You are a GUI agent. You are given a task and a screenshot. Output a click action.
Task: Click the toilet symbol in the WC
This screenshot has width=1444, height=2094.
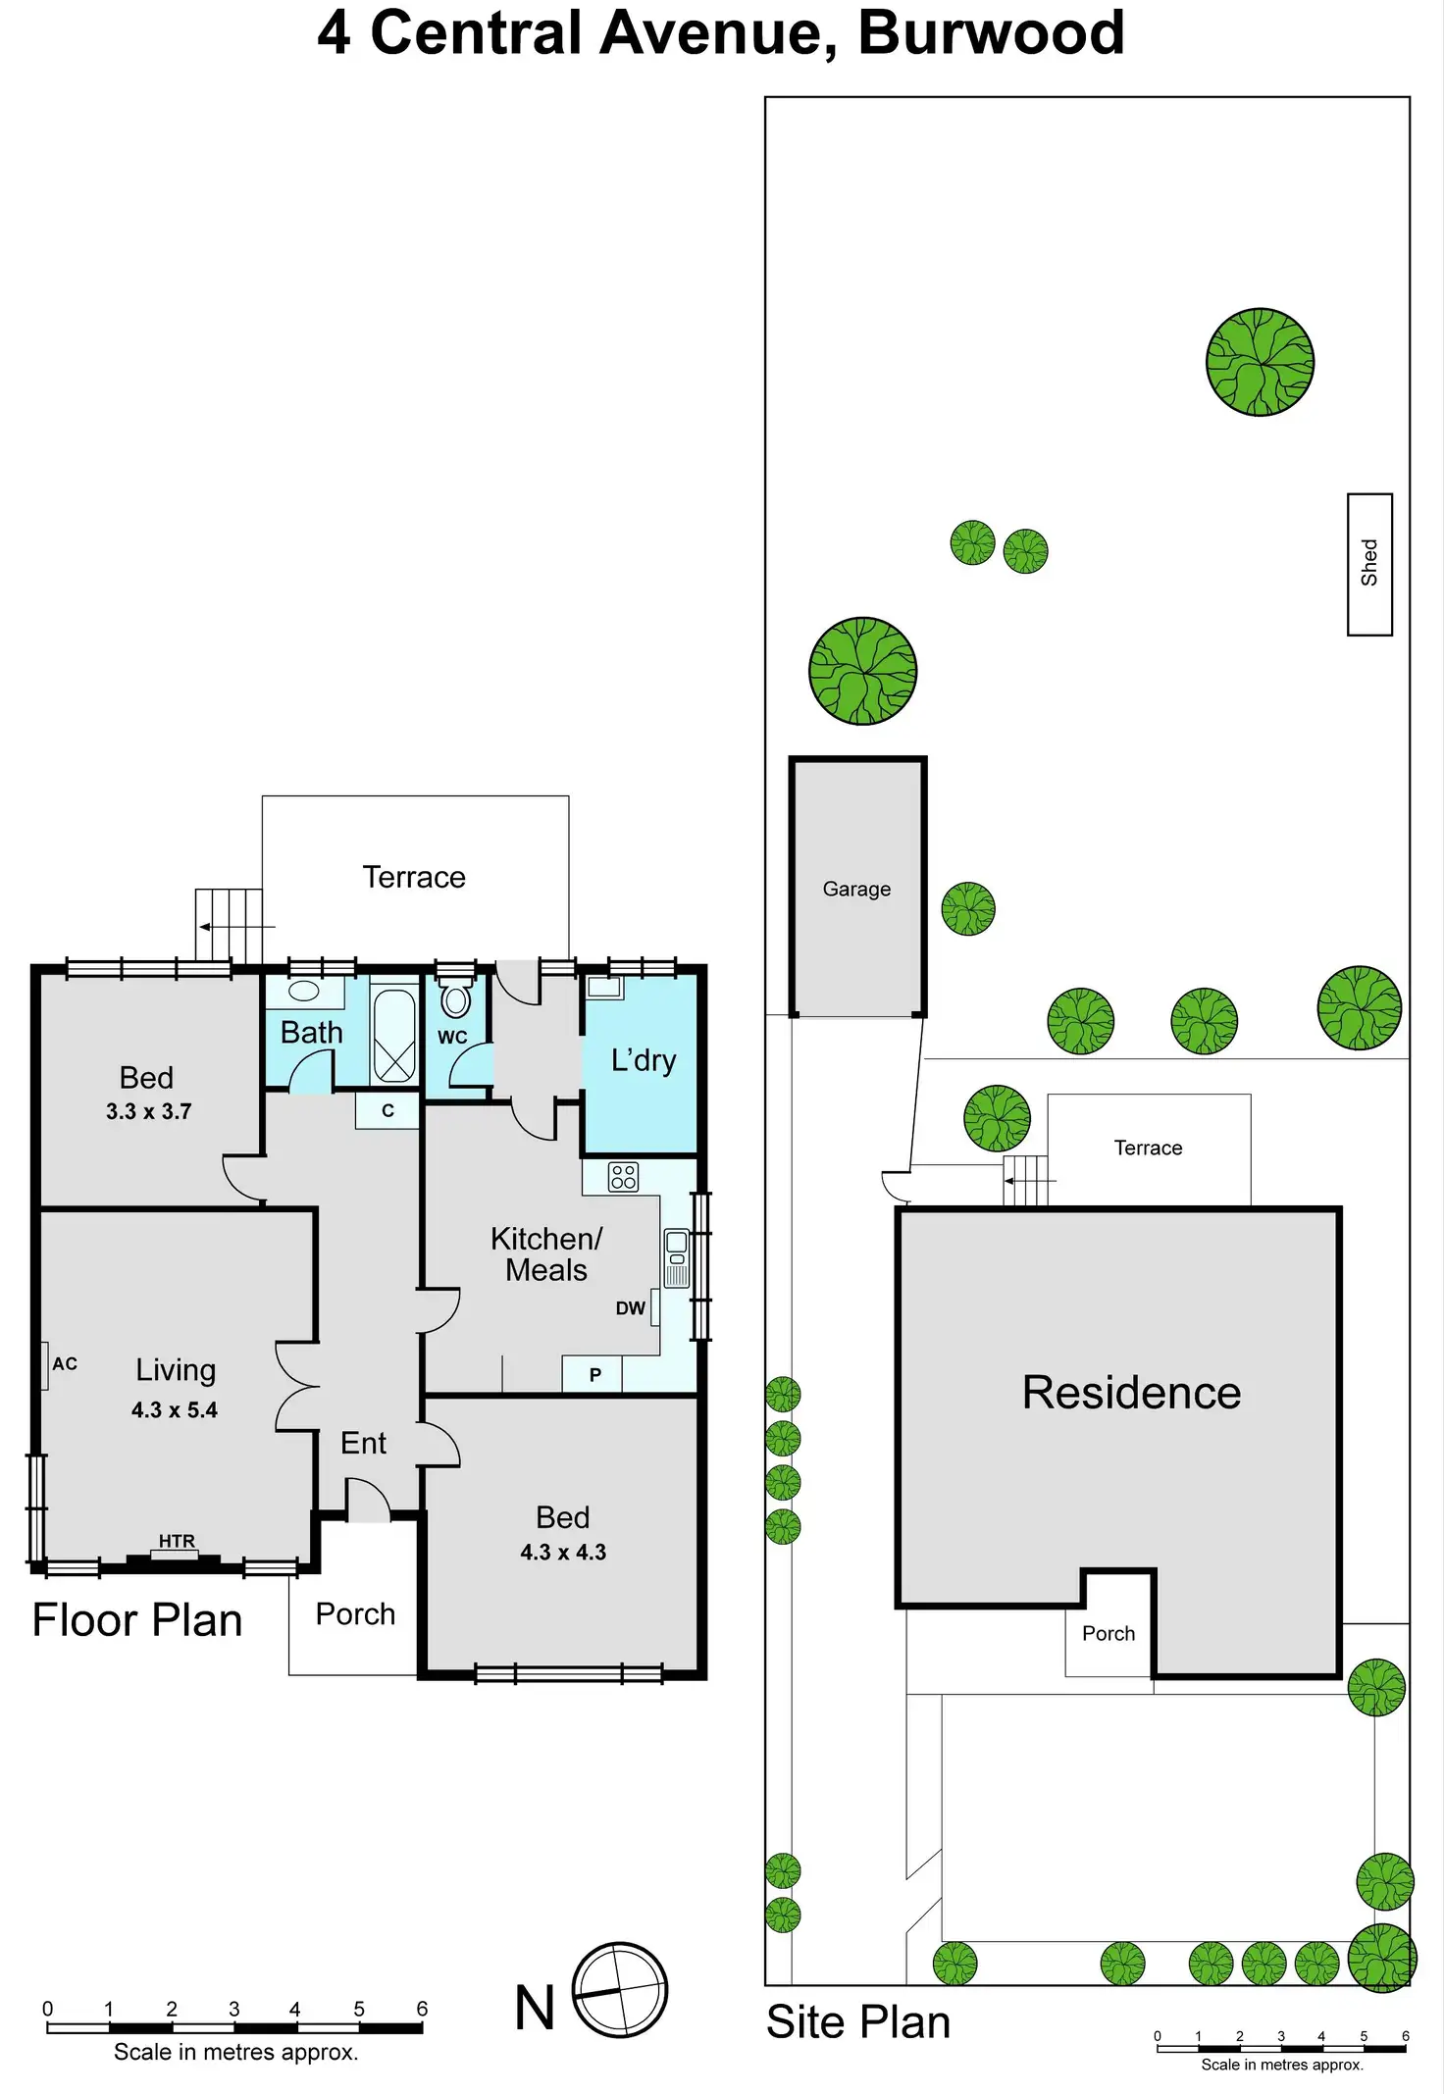point(455,999)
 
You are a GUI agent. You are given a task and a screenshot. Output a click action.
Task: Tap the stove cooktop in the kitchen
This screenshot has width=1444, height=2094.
point(623,1177)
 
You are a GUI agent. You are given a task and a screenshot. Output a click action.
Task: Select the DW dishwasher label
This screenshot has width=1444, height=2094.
point(630,1308)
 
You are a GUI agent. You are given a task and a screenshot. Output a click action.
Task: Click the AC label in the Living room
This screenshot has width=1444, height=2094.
point(65,1364)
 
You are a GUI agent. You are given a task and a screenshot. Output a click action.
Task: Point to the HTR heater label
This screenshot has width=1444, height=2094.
point(177,1541)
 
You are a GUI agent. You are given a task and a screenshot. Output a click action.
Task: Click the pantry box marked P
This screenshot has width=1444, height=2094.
point(593,1375)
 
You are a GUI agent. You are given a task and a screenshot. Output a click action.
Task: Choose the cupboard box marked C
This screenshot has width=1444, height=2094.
point(387,1111)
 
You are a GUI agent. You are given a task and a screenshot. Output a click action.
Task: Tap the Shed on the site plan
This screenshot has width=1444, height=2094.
point(1369,564)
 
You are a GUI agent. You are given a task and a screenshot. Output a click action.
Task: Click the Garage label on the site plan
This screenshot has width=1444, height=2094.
point(856,889)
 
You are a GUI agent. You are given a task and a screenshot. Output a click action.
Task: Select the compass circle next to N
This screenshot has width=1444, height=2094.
point(620,1990)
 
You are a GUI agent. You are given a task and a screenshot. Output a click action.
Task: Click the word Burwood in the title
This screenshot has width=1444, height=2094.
point(991,33)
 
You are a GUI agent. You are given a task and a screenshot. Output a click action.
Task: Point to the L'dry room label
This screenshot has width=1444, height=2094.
point(644,1060)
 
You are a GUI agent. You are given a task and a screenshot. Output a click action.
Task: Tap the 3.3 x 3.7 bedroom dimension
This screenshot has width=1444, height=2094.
point(149,1111)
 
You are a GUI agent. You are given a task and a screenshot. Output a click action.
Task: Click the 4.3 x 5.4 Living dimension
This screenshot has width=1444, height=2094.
point(175,1409)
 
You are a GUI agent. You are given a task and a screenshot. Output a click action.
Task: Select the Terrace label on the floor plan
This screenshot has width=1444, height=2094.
point(414,877)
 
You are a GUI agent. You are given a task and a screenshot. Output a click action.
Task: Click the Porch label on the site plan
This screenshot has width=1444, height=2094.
point(1109,1633)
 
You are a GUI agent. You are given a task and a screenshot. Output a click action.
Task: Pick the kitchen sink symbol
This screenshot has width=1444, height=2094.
point(677,1257)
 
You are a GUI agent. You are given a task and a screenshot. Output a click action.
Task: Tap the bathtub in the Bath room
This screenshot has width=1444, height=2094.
point(394,1035)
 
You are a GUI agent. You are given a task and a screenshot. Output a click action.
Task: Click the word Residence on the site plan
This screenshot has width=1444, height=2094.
point(1131,1393)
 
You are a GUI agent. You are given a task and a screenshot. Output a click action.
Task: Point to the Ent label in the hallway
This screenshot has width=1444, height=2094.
point(363,1443)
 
